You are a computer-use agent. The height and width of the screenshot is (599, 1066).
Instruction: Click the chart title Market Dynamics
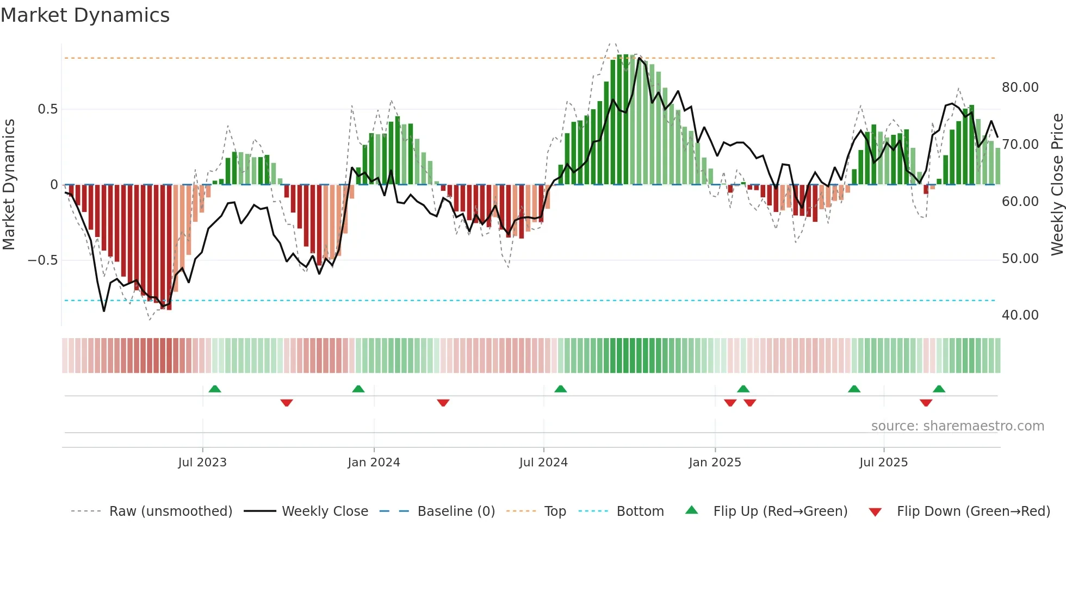[x=85, y=15]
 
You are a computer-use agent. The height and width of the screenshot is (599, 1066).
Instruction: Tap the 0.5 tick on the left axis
[x=47, y=109]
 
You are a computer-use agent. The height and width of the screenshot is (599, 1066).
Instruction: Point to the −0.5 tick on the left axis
[x=43, y=260]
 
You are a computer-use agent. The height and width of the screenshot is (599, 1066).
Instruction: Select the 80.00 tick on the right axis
[x=1020, y=88]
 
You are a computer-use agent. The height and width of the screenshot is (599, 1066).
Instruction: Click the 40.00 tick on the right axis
[x=1020, y=315]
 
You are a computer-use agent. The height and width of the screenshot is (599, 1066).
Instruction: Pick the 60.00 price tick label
[x=1020, y=202]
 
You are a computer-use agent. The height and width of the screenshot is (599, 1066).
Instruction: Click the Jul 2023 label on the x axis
[x=202, y=463]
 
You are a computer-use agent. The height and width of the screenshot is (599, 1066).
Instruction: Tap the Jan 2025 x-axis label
[x=715, y=463]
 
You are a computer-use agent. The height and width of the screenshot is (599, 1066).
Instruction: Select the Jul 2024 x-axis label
[x=543, y=463]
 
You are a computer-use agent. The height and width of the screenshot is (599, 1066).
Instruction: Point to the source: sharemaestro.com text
[x=957, y=426]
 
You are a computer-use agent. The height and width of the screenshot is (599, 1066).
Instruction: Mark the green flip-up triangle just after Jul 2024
[x=560, y=389]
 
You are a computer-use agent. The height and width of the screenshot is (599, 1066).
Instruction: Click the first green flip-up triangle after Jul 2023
[x=215, y=389]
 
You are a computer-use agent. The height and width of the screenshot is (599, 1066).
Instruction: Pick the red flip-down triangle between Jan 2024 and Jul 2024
[x=443, y=403]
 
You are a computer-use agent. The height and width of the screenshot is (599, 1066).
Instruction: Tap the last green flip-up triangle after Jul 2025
[x=939, y=389]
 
